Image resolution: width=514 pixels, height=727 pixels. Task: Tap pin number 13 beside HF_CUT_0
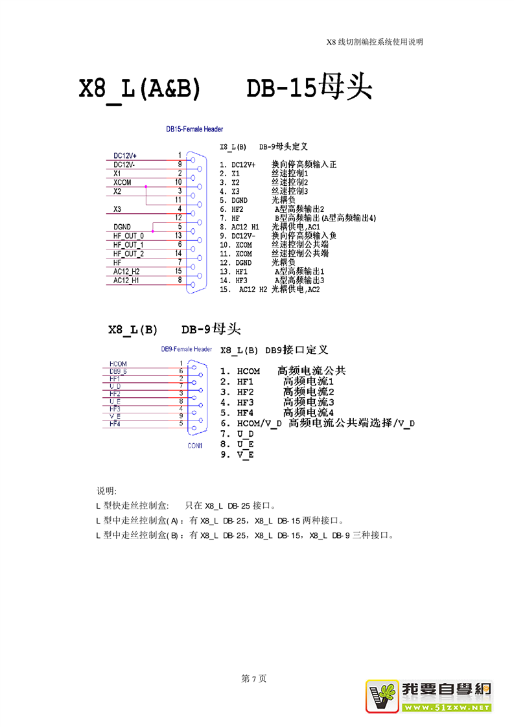pyautogui.click(x=178, y=236)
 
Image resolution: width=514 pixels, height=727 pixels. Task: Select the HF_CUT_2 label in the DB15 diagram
pyautogui.click(x=128, y=253)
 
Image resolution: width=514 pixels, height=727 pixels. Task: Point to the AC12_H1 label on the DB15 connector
pyautogui.click(x=126, y=280)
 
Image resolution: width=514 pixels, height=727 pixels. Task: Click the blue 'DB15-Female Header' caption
pyautogui.click(x=194, y=130)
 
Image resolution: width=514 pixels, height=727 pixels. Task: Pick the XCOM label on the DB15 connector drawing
pyautogui.click(x=122, y=183)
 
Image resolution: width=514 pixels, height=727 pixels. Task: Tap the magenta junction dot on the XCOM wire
pyautogui.click(x=146, y=187)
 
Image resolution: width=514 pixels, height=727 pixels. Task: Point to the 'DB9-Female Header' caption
pyautogui.click(x=187, y=349)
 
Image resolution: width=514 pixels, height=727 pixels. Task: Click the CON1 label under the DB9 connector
pyautogui.click(x=195, y=446)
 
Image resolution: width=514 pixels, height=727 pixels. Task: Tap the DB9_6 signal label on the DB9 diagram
pyautogui.click(x=118, y=371)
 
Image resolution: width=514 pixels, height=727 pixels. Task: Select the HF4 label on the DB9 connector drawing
pyautogui.click(x=115, y=424)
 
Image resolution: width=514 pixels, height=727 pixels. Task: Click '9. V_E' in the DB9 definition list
pyautogui.click(x=237, y=455)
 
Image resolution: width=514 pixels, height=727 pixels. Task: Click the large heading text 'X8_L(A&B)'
pyautogui.click(x=139, y=89)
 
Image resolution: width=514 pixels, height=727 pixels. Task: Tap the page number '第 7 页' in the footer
pyautogui.click(x=253, y=679)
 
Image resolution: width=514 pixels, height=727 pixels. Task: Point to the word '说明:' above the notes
pyautogui.click(x=106, y=490)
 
